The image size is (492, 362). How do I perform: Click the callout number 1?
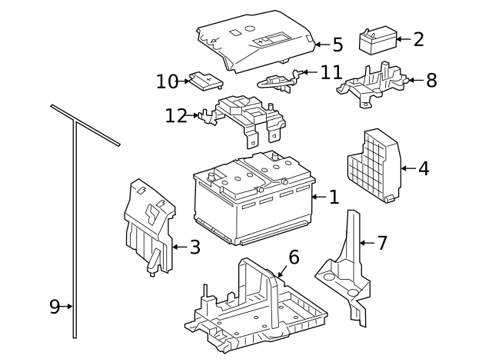pos(334,198)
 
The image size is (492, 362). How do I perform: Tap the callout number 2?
pos(418,40)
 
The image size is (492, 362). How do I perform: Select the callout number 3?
pos(194,247)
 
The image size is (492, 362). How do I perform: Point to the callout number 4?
pos(424,168)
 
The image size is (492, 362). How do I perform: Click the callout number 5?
pos(337,45)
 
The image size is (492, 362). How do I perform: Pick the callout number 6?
pos(294,257)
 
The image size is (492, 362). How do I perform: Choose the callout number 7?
pos(382,243)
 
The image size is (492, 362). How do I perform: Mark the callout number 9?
pos(55,307)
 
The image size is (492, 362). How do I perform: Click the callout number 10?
pos(167,81)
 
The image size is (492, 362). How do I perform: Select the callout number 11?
pos(331,72)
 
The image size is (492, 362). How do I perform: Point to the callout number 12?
pos(176,116)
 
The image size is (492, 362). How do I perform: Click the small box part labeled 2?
pos(378,41)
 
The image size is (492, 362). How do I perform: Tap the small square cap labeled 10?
pos(205,80)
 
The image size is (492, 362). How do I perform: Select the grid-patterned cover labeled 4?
pos(374,165)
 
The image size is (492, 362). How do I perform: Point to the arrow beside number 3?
pos(178,247)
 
